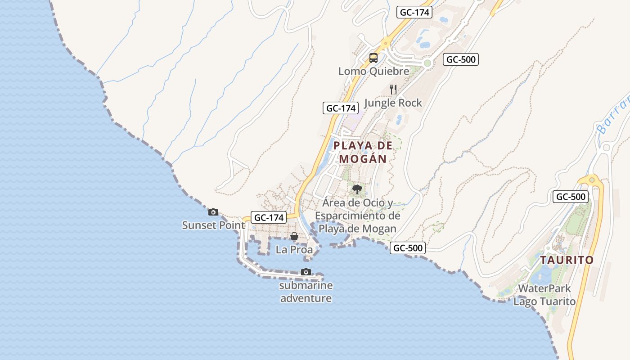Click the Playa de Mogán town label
tap(363, 152)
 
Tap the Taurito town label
tap(567, 260)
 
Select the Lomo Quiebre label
tap(374, 71)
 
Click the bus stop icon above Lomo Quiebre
tap(373, 58)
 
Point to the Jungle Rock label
tap(393, 103)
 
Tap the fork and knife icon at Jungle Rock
tap(393, 90)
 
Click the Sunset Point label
tap(213, 225)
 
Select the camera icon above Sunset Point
tap(213, 212)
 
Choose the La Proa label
tap(294, 249)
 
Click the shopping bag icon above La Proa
tap(294, 236)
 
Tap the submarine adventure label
tap(306, 292)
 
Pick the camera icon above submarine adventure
tap(306, 272)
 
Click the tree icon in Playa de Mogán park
tap(357, 189)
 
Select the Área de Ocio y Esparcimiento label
tap(357, 216)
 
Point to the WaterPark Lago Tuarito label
tap(544, 295)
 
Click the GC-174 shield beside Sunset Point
tap(269, 217)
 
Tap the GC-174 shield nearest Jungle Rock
tap(341, 108)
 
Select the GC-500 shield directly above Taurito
tap(571, 197)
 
